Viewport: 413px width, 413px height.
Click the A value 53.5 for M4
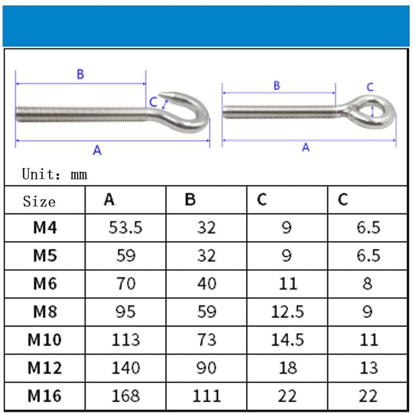coord(125,227)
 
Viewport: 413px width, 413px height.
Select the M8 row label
coord(45,312)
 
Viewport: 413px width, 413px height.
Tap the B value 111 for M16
coord(206,396)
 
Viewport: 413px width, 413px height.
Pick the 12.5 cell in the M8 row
coord(288,312)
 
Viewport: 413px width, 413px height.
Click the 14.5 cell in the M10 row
coord(288,340)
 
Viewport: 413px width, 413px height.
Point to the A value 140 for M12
coord(125,368)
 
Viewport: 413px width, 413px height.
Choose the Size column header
coord(39,202)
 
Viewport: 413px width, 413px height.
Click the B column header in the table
coord(190,199)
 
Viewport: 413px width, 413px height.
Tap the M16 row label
coord(44,396)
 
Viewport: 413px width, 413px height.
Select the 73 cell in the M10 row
coord(207,340)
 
